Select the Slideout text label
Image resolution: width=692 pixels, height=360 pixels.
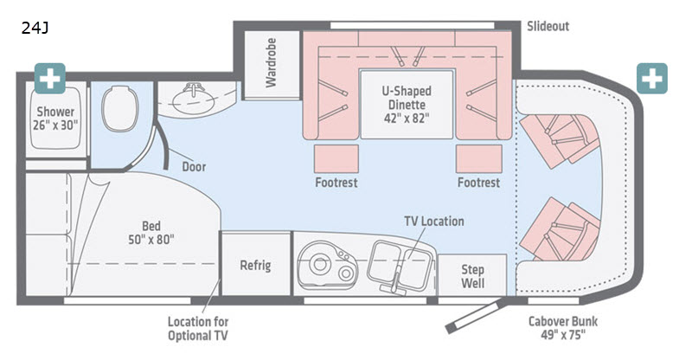click(548, 26)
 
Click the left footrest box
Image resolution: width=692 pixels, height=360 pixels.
click(336, 158)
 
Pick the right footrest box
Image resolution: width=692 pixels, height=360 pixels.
click(478, 158)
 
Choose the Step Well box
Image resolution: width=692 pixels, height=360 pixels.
click(471, 275)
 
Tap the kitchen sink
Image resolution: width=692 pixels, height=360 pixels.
click(395, 260)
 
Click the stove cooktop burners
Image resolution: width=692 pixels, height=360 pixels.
click(323, 264)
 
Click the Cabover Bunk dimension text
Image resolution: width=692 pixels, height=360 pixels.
click(562, 329)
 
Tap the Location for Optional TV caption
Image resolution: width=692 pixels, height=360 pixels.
click(198, 329)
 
